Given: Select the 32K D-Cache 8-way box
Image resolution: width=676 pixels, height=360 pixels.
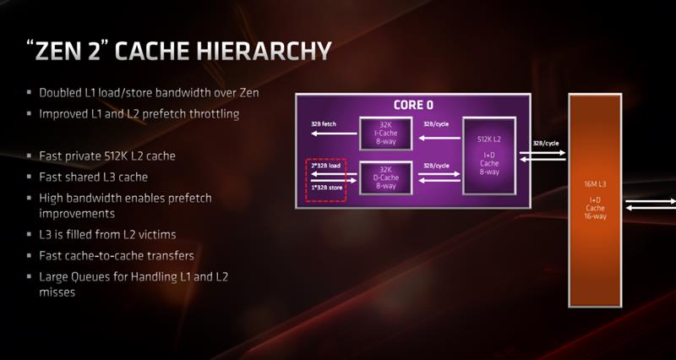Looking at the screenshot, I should click(385, 177).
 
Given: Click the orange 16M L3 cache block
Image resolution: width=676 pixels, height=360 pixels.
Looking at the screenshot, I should click(597, 203).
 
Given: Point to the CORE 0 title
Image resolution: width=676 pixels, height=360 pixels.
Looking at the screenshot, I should click(413, 106).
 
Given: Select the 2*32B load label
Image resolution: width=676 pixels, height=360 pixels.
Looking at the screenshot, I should click(326, 165).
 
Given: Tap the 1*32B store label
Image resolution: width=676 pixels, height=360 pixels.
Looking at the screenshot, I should click(326, 186).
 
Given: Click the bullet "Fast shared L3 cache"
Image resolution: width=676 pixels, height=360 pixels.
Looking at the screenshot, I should click(93, 177).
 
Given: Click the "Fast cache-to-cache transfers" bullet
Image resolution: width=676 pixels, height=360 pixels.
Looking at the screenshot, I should click(117, 255).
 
